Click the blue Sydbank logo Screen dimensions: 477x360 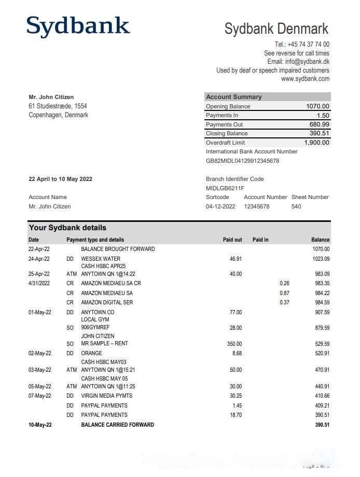click(78, 26)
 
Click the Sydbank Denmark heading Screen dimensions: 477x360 click(276, 29)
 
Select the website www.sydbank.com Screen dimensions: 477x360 click(305, 79)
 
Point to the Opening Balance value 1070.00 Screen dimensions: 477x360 click(317, 106)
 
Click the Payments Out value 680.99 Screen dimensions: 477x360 click(319, 124)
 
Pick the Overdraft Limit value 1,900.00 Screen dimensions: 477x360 click(316, 143)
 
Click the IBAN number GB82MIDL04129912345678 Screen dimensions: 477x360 click(242, 161)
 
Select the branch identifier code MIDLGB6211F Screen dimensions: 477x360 click(225, 188)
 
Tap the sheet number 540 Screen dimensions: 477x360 click(296, 206)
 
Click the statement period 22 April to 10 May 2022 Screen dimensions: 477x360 click(60, 179)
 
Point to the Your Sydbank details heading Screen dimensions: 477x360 click(67, 228)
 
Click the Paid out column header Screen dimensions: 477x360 click(232, 240)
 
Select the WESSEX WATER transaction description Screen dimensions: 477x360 click(101, 259)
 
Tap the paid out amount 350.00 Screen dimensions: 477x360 click(234, 344)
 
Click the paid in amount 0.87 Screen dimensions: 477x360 click(284, 293)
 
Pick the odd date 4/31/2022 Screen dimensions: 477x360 click(39, 284)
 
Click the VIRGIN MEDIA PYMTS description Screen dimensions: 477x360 click(104, 396)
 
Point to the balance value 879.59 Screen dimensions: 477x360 click(320, 328)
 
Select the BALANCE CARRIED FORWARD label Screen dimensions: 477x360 click(117, 425)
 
